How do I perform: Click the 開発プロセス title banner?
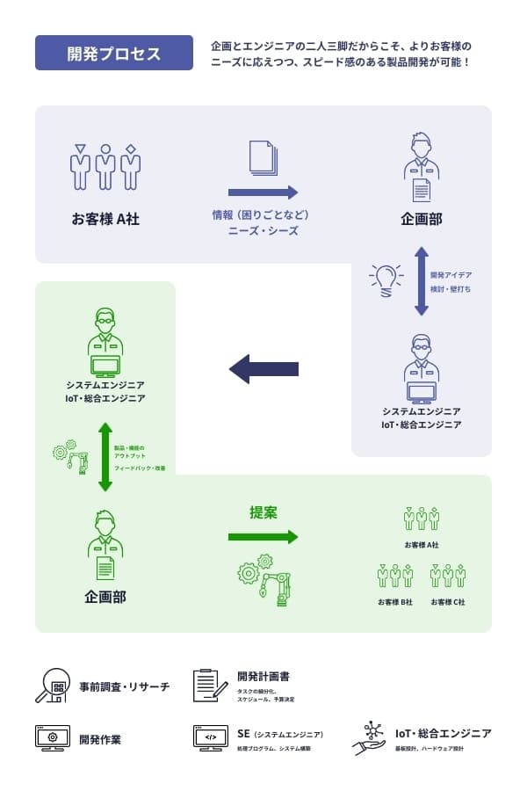[x=114, y=53]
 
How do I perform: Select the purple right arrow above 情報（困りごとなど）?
[x=263, y=192]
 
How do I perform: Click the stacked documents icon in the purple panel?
[x=263, y=158]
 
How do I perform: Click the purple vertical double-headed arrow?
[x=422, y=281]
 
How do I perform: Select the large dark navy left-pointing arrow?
[x=263, y=369]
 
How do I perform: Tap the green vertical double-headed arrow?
[x=105, y=457]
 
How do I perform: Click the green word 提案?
[x=263, y=512]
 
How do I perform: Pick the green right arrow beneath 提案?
[x=263, y=537]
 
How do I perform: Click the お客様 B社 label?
[x=395, y=602]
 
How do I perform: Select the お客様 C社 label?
[x=448, y=602]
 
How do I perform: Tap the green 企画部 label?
[x=105, y=597]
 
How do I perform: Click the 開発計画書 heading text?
[x=263, y=677]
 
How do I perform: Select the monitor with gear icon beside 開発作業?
[x=53, y=737]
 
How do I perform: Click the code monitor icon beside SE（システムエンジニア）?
[x=211, y=737]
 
